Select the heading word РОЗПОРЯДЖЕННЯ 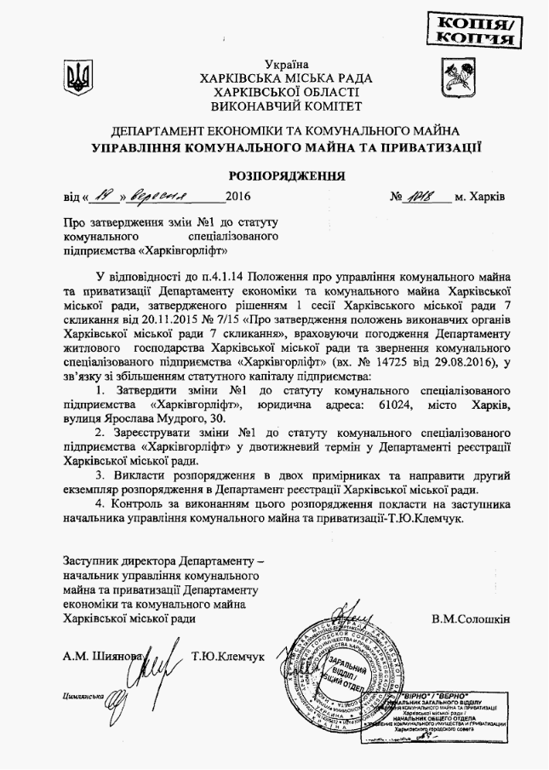click(x=274, y=176)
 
